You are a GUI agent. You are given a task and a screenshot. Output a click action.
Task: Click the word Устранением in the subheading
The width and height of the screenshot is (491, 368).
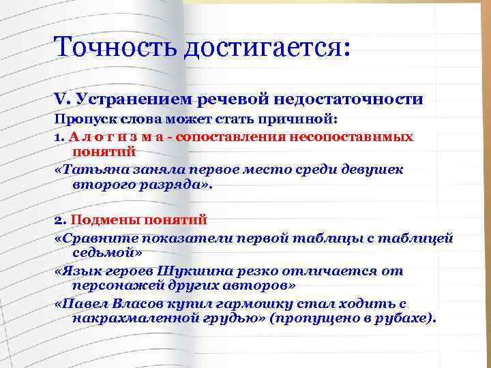pos(134,99)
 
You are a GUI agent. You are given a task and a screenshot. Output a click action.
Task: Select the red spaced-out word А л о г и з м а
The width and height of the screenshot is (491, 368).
pos(119,136)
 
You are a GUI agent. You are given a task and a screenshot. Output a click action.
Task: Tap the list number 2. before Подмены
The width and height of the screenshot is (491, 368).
pos(59,220)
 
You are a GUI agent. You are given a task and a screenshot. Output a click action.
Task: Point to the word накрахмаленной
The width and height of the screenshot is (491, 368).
pos(132,319)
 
